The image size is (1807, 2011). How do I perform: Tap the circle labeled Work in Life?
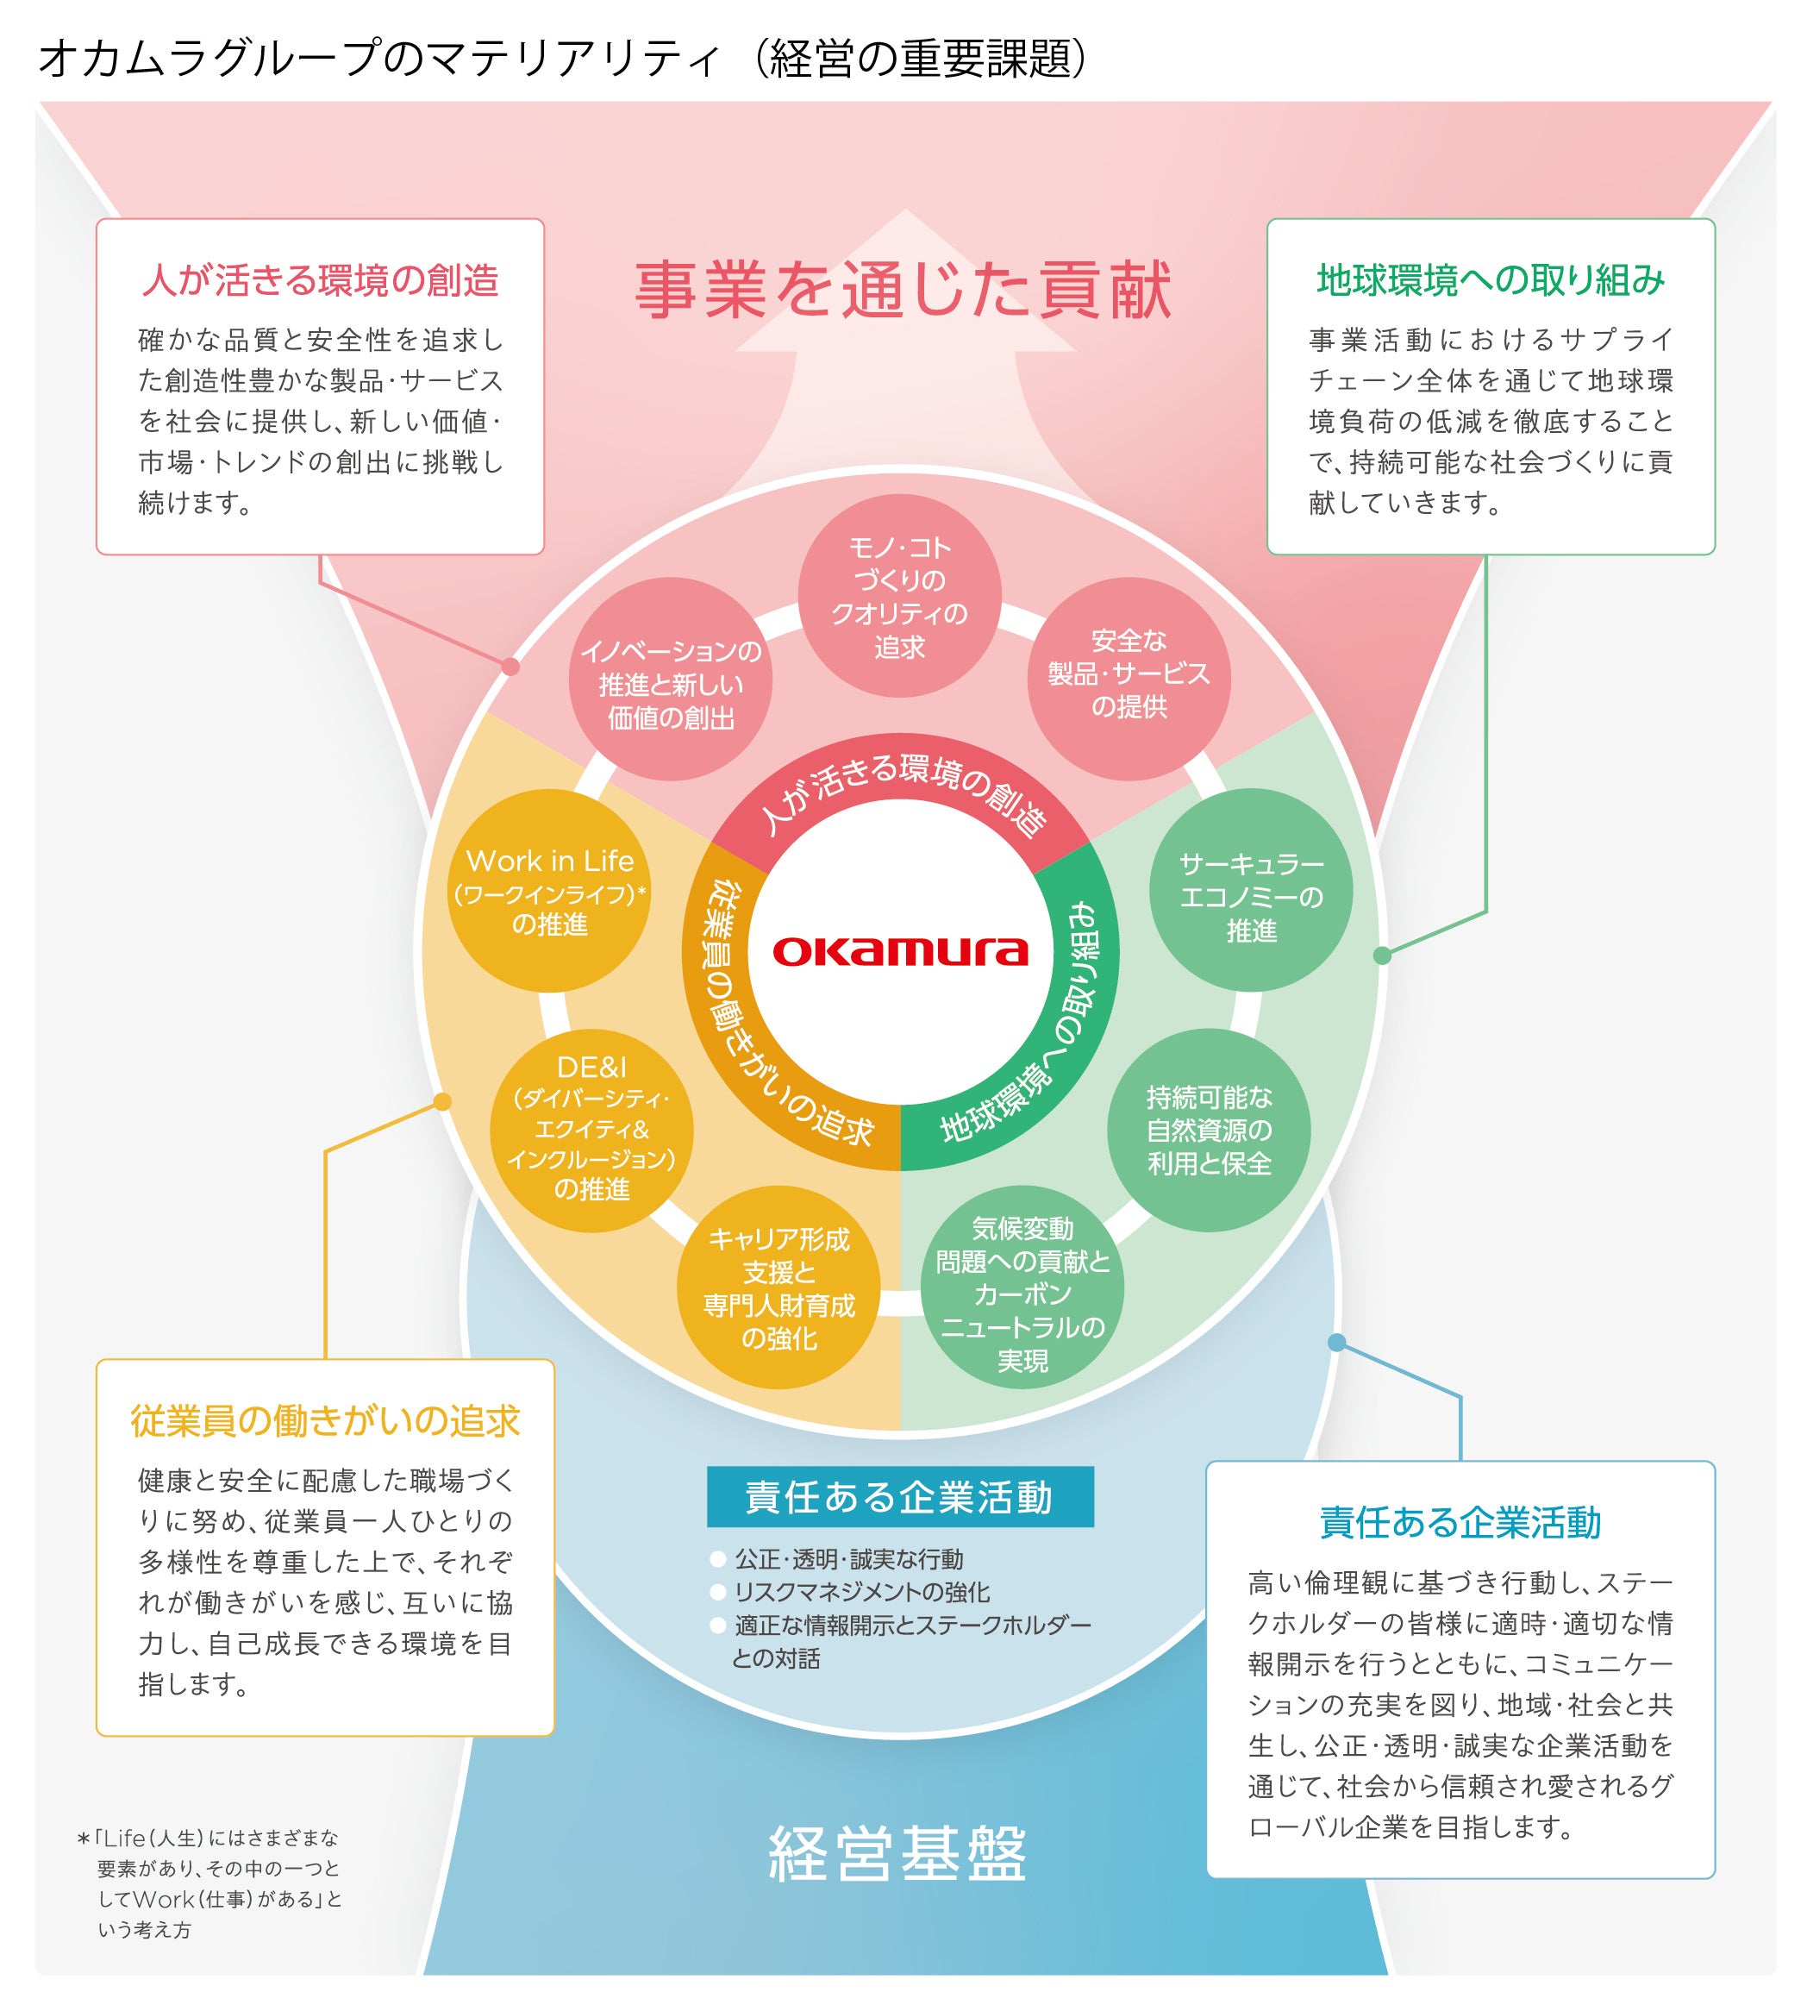point(549,891)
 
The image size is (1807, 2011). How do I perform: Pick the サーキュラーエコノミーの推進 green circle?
point(1250,891)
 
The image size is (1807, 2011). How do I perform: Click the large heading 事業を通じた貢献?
point(903,291)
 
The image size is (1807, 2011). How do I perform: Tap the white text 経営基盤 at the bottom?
point(898,1853)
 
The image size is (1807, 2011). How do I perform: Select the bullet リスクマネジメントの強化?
point(860,1592)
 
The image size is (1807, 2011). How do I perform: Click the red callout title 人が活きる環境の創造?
point(320,281)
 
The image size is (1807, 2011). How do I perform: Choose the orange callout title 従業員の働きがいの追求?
point(325,1421)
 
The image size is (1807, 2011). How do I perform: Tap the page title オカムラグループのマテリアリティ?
point(378,60)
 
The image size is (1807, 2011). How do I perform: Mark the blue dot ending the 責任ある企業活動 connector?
point(1336,1343)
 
